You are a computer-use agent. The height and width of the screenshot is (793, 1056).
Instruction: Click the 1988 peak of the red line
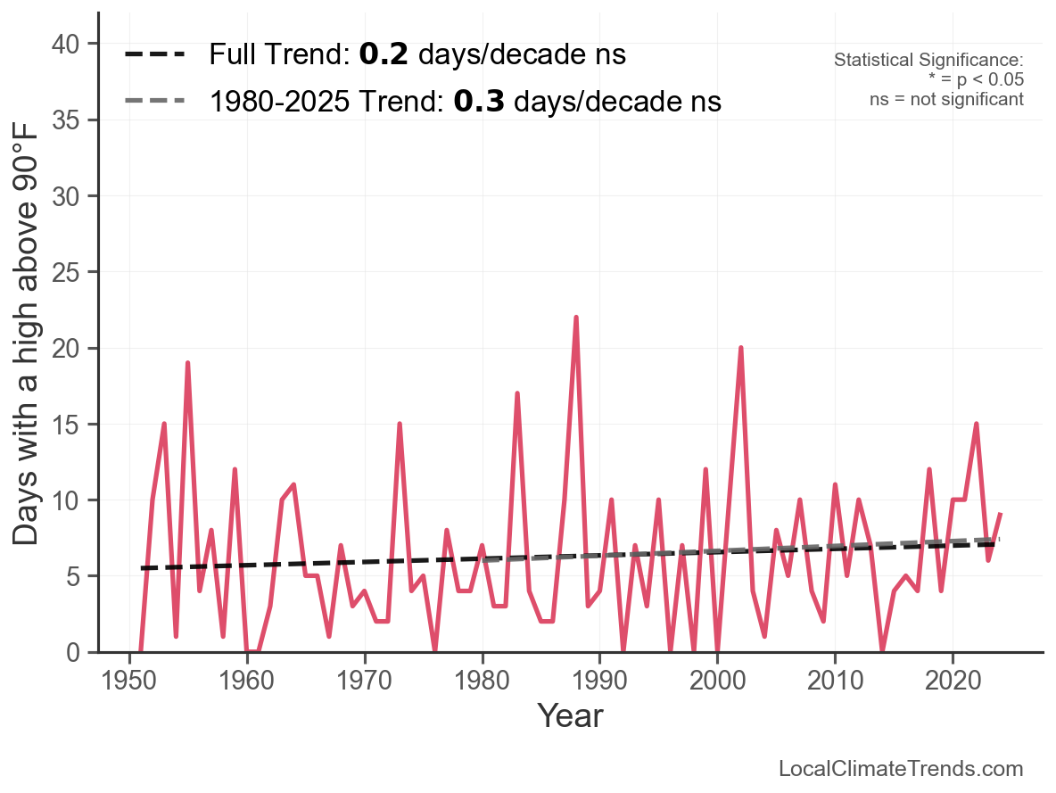click(x=576, y=318)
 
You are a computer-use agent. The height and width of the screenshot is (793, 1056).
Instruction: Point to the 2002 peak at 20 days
click(x=741, y=348)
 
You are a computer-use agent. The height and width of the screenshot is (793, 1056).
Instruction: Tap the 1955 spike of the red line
click(x=188, y=363)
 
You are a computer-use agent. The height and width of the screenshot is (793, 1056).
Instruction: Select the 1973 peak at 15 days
click(x=400, y=424)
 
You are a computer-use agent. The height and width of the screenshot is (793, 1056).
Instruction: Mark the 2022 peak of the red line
click(x=976, y=424)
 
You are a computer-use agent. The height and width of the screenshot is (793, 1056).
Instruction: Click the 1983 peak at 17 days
click(x=517, y=393)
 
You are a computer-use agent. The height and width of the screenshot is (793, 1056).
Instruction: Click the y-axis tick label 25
click(x=65, y=272)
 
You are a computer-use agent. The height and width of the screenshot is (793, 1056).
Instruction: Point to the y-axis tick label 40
click(x=65, y=45)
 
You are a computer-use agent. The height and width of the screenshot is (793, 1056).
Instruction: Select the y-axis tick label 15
click(x=65, y=425)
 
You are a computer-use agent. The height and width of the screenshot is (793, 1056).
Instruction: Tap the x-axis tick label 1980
click(x=483, y=681)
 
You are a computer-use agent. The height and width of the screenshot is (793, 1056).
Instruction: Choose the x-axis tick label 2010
click(x=835, y=681)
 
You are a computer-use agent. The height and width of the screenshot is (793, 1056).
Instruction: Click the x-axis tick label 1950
click(x=128, y=681)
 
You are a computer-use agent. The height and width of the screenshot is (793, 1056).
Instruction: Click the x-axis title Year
click(x=571, y=715)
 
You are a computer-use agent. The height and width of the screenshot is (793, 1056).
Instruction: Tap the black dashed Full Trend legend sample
click(x=154, y=54)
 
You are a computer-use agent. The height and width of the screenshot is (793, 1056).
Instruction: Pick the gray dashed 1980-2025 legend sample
click(x=154, y=101)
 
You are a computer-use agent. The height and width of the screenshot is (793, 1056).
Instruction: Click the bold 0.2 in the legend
click(x=384, y=54)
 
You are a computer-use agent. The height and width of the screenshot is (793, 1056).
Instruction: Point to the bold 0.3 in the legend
click(x=479, y=101)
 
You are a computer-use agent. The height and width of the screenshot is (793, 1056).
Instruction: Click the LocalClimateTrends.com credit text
click(x=901, y=769)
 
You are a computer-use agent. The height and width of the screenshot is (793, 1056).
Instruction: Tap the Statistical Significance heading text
click(x=928, y=60)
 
